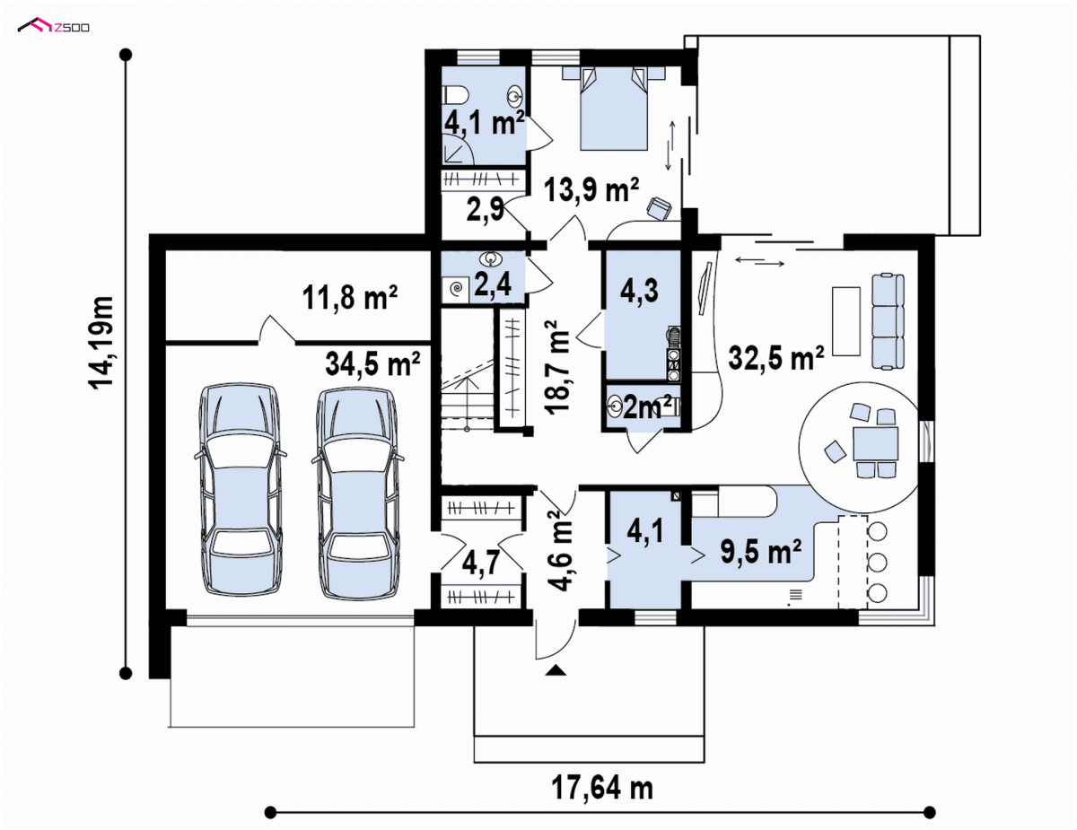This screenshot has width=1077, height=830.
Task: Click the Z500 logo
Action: pyautogui.click(x=54, y=25)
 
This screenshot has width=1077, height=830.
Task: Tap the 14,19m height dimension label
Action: pyautogui.click(x=101, y=343)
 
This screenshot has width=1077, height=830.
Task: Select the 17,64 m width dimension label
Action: pyautogui.click(x=602, y=788)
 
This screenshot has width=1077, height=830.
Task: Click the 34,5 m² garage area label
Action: pyautogui.click(x=372, y=363)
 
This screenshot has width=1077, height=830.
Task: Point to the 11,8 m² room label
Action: pyautogui.click(x=350, y=297)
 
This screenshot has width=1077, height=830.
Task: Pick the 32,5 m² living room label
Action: pyautogui.click(x=776, y=357)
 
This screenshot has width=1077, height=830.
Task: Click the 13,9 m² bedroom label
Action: pyautogui.click(x=591, y=190)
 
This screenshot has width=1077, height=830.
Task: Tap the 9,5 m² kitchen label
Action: pyautogui.click(x=761, y=551)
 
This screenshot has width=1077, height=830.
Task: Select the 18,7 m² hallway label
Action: pyautogui.click(x=557, y=367)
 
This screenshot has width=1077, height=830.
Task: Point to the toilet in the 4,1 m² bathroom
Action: pyautogui.click(x=456, y=94)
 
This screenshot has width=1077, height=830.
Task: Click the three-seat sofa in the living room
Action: pyautogui.click(x=889, y=322)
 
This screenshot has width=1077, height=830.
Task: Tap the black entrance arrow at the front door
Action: pyautogui.click(x=556, y=670)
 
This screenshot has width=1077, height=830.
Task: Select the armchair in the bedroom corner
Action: pyautogui.click(x=660, y=208)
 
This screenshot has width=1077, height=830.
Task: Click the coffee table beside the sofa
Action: pyautogui.click(x=846, y=321)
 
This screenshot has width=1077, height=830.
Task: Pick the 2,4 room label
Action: pyautogui.click(x=493, y=284)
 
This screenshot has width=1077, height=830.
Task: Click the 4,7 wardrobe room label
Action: pyautogui.click(x=480, y=563)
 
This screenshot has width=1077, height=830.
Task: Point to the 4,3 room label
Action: pyautogui.click(x=639, y=291)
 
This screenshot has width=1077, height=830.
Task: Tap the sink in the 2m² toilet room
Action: pyautogui.click(x=615, y=407)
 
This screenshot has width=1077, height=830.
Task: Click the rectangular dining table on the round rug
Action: pyautogui.click(x=876, y=444)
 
